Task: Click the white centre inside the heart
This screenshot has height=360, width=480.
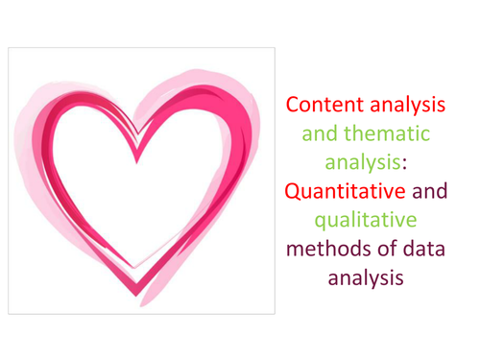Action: pyautogui.click(x=144, y=192)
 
